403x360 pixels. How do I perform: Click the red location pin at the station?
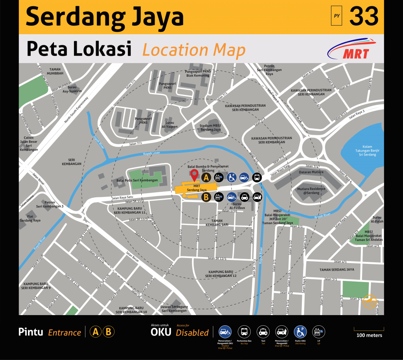[194, 174]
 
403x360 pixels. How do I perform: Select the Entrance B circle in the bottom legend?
[109, 332]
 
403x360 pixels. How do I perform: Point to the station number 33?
[364, 17]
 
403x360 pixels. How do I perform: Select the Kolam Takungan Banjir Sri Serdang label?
[362, 150]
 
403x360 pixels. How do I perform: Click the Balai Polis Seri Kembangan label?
[137, 181]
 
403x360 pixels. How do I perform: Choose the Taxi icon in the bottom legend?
[262, 332]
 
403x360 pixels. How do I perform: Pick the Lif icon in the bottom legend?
[318, 332]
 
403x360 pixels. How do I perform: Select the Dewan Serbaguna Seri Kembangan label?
[174, 308]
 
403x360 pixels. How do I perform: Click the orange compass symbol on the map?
[370, 301]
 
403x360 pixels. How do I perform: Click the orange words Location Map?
[194, 50]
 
